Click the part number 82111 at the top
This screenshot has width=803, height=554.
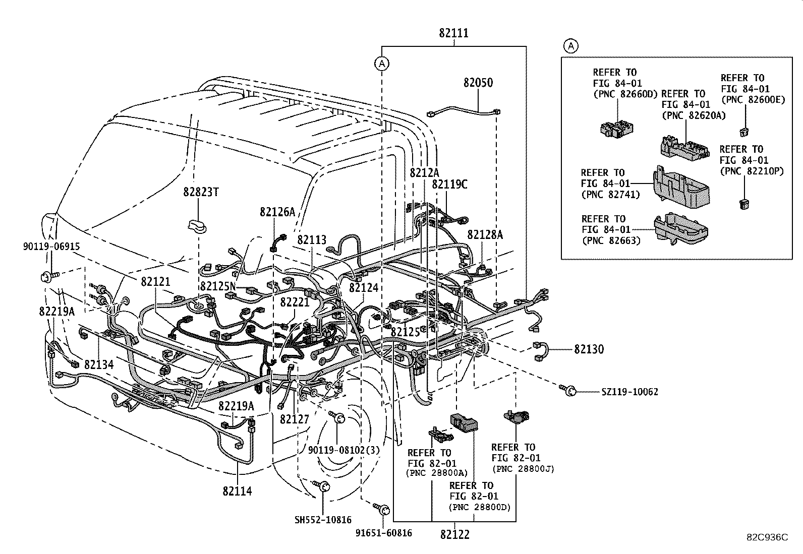453,33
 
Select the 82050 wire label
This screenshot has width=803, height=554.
478,83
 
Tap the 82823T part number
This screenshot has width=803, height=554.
201,192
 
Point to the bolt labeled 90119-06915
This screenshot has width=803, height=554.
46,276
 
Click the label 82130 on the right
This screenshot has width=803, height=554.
588,349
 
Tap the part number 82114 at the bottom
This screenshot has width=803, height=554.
237,490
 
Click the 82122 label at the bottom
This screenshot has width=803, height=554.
454,534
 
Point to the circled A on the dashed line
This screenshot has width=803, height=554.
382,64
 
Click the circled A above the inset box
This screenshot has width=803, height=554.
570,46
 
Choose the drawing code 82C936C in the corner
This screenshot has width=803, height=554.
767,537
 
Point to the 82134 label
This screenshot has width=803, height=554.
99,364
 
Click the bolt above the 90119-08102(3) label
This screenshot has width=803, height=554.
337,417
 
